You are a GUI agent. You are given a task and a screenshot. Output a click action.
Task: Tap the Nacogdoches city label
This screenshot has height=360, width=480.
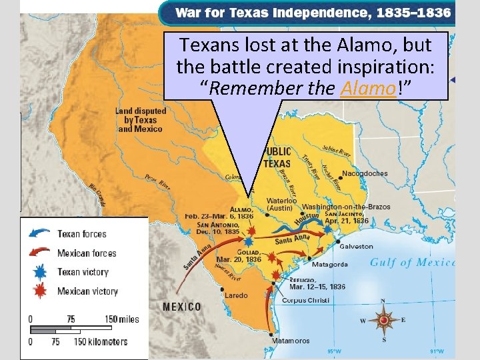pos(365,174)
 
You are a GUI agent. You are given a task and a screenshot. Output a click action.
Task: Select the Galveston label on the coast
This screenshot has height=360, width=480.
pos(375,246)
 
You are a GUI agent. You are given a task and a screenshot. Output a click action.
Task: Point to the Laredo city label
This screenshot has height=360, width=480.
pos(237,295)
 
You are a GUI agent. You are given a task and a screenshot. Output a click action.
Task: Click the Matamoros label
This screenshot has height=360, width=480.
pos(291,341)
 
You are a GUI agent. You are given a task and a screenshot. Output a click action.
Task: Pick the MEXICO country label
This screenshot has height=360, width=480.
pos(182,307)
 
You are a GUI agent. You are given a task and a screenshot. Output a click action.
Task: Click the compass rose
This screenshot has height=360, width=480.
pos(384,321)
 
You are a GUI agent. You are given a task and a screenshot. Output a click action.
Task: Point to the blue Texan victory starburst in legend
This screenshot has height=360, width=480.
pos(41,272)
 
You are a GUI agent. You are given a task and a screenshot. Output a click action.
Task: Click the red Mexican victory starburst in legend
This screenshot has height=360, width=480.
pos(41,291)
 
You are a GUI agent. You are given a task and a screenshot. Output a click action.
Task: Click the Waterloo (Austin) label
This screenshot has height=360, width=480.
pos(282,204)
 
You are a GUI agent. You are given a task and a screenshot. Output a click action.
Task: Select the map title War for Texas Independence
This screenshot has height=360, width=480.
pos(313,13)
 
